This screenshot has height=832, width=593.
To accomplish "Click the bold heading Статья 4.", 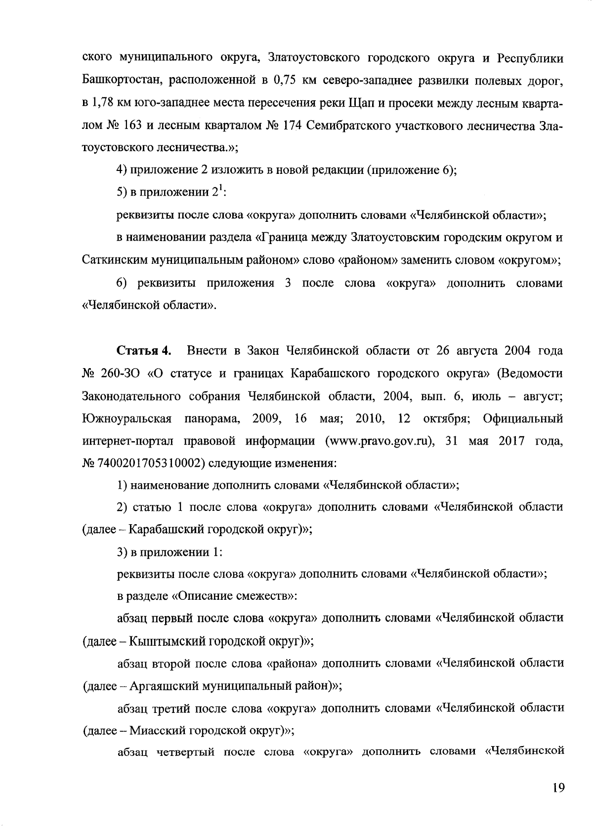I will tap(144, 351).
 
